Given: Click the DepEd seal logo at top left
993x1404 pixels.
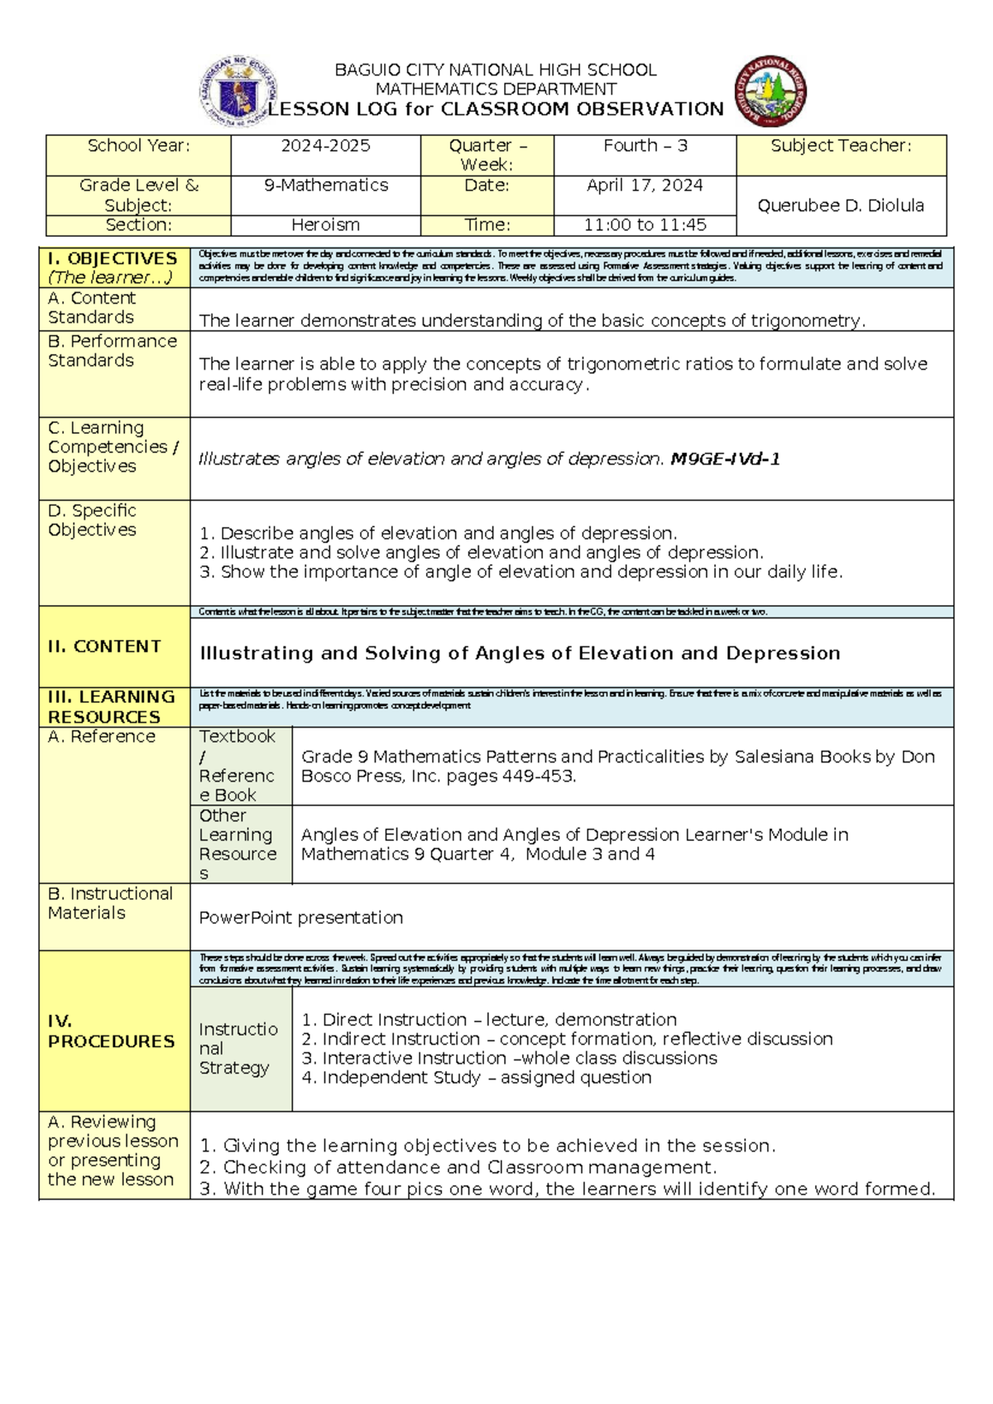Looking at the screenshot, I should pyautogui.click(x=238, y=92).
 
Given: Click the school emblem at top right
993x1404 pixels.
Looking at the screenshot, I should pyautogui.click(x=770, y=92).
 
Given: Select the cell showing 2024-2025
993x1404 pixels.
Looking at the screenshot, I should pyautogui.click(x=325, y=147).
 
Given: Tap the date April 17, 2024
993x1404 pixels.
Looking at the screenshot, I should pyautogui.click(x=645, y=185).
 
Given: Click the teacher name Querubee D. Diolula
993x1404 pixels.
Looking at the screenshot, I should pyautogui.click(x=841, y=206).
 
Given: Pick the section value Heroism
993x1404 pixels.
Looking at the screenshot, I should pyautogui.click(x=325, y=225).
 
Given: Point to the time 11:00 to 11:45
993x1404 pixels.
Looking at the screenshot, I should pyautogui.click(x=645, y=225).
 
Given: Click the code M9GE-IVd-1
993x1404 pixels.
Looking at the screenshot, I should pyautogui.click(x=725, y=459).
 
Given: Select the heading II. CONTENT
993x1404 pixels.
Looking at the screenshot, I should pyautogui.click(x=104, y=647).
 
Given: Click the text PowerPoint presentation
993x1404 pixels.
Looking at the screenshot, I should pyautogui.click(x=301, y=918).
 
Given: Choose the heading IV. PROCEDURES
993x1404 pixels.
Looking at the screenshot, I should pyautogui.click(x=111, y=1031).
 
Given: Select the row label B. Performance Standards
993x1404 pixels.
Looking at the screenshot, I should pyautogui.click(x=113, y=351).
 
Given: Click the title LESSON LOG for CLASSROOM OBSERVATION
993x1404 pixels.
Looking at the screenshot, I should pyautogui.click(x=495, y=109).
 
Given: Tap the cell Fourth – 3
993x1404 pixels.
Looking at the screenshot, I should pyautogui.click(x=645, y=147).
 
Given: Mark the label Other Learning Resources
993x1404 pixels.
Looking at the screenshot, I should pyautogui.click(x=238, y=844).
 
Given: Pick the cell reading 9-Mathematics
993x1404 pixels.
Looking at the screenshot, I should pyautogui.click(x=325, y=185).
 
